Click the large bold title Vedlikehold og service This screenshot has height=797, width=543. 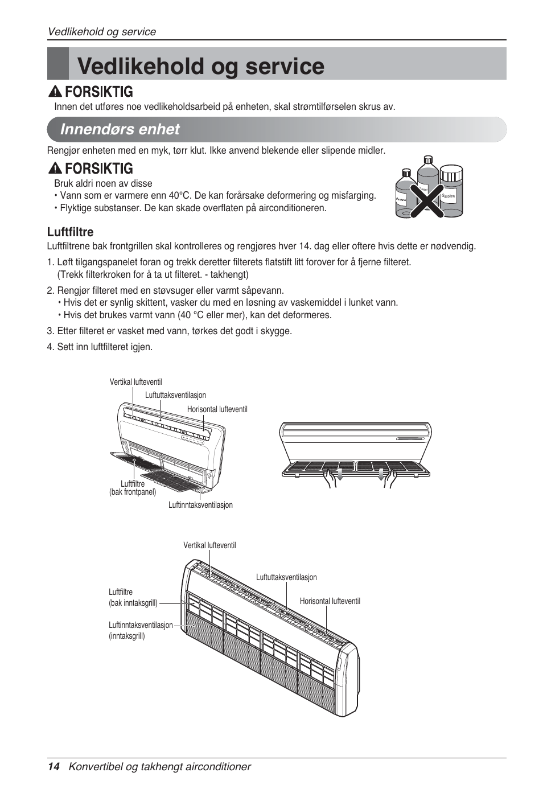[200, 66]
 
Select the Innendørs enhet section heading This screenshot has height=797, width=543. [120, 129]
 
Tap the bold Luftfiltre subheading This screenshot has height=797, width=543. [70, 232]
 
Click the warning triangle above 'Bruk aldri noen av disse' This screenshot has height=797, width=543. [55, 169]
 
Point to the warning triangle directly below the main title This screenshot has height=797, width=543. [55, 92]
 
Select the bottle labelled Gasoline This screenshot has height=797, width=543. [451, 191]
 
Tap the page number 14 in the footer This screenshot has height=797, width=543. [54, 767]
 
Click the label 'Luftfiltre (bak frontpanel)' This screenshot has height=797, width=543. [133, 488]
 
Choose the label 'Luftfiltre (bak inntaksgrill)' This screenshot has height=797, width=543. [133, 597]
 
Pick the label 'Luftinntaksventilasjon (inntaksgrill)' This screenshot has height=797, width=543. [141, 630]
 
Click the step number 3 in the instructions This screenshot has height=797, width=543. [50, 331]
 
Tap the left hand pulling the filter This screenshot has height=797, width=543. [330, 479]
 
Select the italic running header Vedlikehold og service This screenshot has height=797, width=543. [102, 32]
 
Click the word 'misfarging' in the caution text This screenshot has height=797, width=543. [352, 195]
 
